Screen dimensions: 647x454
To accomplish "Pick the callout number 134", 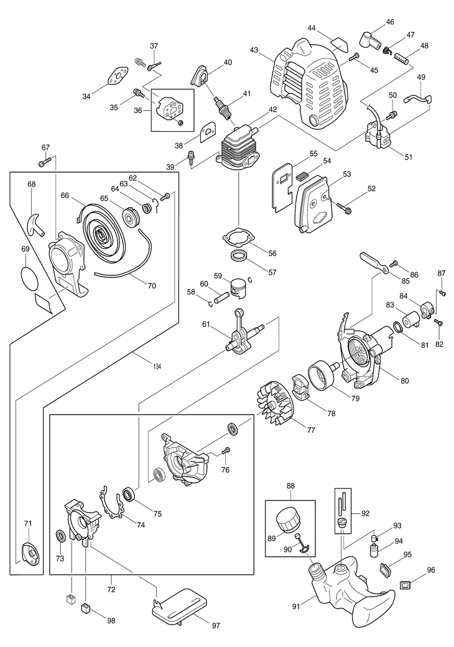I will [x=155, y=366].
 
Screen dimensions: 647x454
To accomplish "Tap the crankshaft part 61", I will [x=238, y=334].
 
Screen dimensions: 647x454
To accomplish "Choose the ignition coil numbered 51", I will [x=381, y=137].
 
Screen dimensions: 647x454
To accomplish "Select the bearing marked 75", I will [x=129, y=494].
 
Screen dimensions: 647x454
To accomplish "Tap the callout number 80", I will [x=405, y=381].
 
